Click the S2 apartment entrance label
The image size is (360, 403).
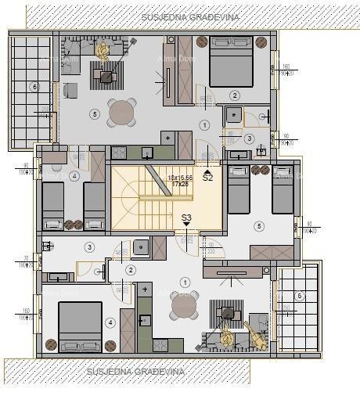[x=207, y=178]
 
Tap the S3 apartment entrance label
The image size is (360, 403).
[x=186, y=218]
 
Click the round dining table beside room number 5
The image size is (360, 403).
[x=122, y=113]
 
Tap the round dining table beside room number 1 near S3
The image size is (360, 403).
[x=184, y=306]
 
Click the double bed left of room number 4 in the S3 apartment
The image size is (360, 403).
[x=80, y=326]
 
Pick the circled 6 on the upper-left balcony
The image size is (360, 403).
[x=34, y=87]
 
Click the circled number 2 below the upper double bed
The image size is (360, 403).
[x=234, y=95]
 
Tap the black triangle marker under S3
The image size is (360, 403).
[x=186, y=225]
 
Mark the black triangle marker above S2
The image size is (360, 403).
[x=207, y=169]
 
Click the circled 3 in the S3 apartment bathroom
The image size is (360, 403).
[x=89, y=247]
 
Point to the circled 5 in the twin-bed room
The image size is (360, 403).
[x=259, y=226]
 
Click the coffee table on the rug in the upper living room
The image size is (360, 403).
[x=107, y=77]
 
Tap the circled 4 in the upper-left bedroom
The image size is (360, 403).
[x=74, y=176]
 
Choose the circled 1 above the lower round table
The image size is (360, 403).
[x=184, y=282]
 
